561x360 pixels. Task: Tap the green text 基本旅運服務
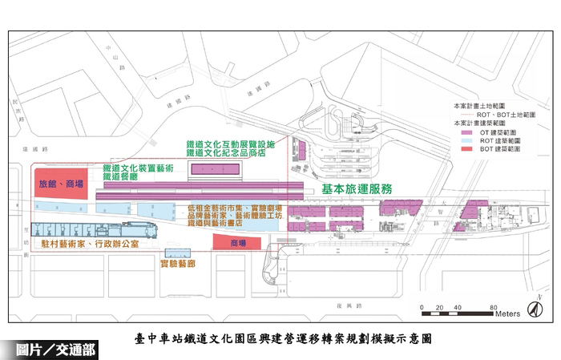(x=357, y=189)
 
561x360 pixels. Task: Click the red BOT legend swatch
(x=471, y=149)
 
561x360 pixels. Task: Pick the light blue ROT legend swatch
(x=471, y=140)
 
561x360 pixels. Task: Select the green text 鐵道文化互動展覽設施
(x=230, y=143)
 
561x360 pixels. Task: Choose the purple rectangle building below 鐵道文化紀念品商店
(x=215, y=170)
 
